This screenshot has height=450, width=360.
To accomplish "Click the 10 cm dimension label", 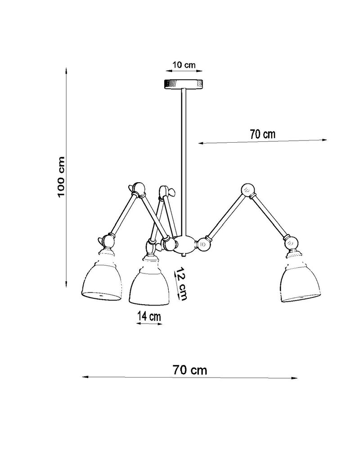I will click(x=184, y=65).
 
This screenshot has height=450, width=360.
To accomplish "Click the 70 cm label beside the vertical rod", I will click(x=262, y=134).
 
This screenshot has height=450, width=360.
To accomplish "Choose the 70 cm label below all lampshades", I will click(x=189, y=370).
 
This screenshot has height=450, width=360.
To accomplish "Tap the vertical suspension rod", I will click(x=184, y=157).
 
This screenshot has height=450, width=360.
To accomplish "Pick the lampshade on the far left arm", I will click(x=102, y=279).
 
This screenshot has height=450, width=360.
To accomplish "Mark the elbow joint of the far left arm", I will click(x=138, y=190).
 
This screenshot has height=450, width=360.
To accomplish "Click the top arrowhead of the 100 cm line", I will click(x=67, y=71).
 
